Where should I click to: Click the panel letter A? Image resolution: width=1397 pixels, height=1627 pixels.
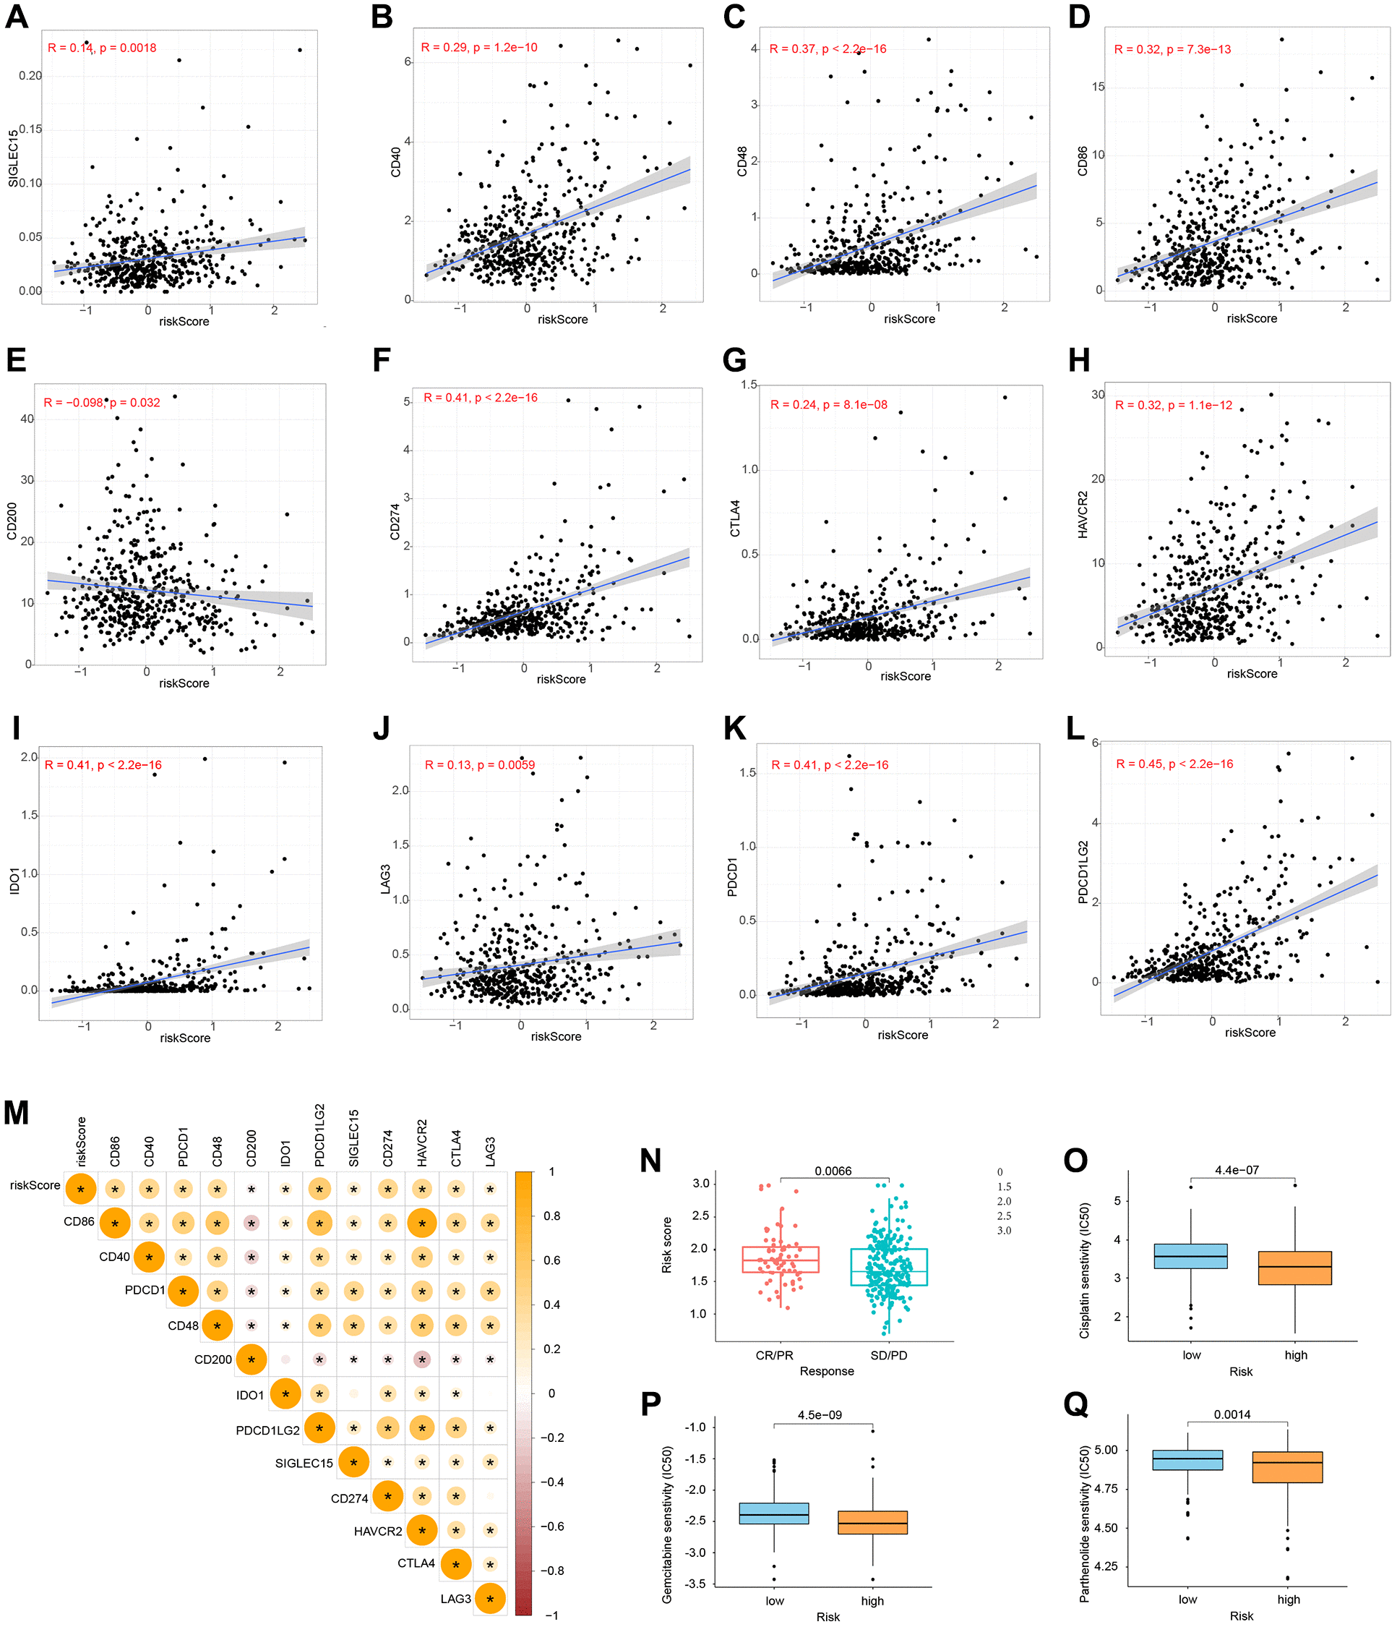click(17, 17)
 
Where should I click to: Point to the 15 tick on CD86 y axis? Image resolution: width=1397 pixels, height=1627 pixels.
click(1097, 86)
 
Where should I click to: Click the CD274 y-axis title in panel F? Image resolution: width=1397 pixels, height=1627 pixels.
click(395, 522)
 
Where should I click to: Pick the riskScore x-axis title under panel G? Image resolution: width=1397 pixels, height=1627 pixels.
click(905, 676)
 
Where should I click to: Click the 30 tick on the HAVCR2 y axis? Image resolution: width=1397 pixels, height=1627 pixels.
click(1097, 395)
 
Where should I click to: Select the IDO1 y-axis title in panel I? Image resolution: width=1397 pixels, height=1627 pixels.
click(15, 881)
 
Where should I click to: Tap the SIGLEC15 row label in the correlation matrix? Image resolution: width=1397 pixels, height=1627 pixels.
click(304, 1463)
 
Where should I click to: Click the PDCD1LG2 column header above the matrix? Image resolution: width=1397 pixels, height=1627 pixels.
click(319, 1135)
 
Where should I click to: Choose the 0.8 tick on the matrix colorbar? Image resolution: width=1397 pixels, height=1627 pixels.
click(551, 1216)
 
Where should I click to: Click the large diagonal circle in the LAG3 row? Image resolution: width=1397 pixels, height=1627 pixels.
click(490, 1599)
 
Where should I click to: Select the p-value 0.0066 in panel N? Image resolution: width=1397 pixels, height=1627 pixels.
click(833, 1171)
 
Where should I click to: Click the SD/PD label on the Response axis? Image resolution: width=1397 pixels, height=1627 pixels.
click(888, 1355)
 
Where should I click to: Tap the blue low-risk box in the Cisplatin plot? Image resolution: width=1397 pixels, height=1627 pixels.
click(1190, 1256)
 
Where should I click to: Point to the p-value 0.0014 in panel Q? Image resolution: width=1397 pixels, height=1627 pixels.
click(1232, 1415)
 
